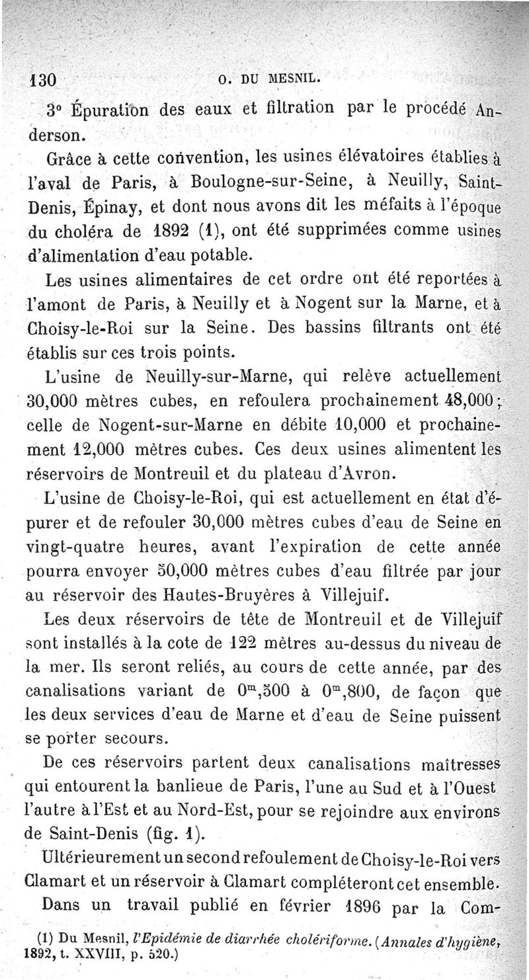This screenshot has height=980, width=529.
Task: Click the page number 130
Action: (x=40, y=83)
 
